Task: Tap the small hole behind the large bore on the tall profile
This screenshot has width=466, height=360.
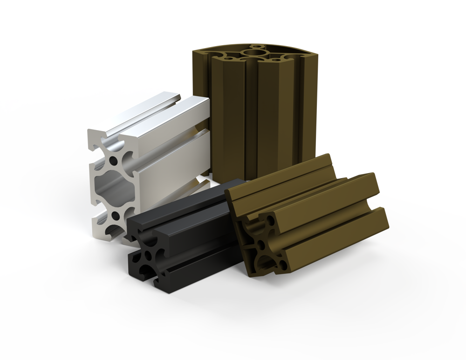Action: pos(255,46)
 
